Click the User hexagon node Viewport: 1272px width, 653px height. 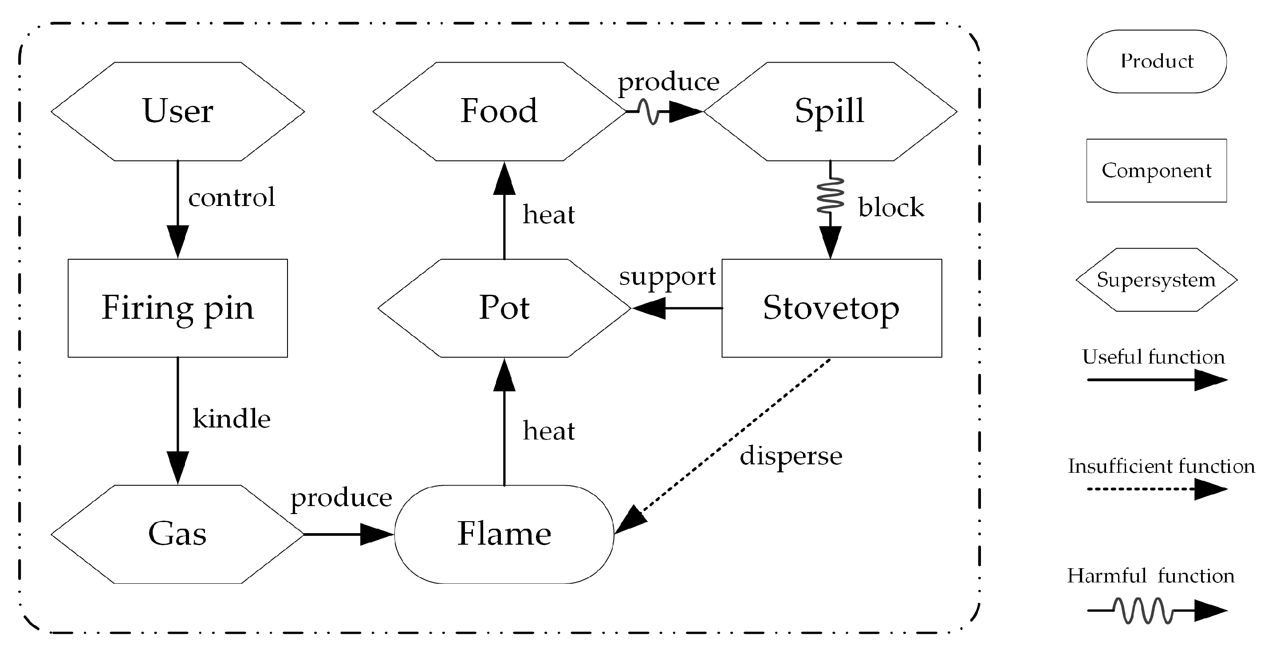178,111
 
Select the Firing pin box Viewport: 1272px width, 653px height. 178,308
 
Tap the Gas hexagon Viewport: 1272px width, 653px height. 178,534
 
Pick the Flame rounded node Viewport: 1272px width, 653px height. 504,534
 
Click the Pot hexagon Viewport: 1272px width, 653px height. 504,308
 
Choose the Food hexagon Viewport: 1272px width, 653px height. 499,111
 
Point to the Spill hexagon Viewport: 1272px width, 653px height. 830,111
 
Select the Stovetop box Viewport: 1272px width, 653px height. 831,308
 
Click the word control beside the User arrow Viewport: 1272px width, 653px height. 231,198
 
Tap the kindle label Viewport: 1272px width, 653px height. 231,419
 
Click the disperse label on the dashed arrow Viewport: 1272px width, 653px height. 791,456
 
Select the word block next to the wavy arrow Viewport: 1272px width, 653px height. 891,207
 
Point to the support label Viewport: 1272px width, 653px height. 667,277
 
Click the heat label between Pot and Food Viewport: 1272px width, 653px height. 549,215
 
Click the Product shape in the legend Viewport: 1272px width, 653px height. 1157,61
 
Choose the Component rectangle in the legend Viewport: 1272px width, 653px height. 1157,170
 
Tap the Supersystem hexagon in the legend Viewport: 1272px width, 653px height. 1157,280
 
